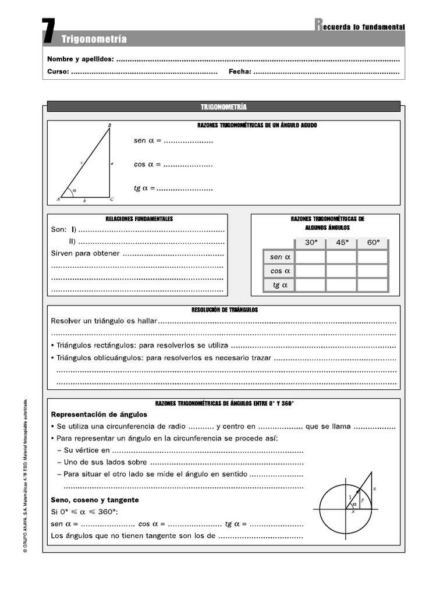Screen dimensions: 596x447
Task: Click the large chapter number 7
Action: pos(49,31)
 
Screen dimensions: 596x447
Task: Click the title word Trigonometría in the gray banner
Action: pos(94,40)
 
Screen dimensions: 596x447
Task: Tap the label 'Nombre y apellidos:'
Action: pos(80,59)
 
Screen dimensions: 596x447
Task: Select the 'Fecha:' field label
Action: pos(240,72)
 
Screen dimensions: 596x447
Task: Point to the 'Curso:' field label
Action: pos(58,72)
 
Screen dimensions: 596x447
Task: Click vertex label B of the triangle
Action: pos(110,125)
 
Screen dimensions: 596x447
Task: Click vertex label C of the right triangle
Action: pos(112,199)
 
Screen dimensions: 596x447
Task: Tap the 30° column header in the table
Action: pos(311,243)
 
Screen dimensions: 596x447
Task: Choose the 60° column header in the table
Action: pos(372,243)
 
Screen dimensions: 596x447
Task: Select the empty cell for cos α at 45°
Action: pos(341,271)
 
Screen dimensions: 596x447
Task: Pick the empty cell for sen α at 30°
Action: pos(311,257)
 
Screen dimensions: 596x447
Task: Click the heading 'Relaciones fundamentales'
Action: pos(139,219)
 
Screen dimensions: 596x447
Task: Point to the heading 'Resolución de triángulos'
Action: pos(224,310)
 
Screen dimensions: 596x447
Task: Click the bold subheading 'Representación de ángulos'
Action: pos(99,414)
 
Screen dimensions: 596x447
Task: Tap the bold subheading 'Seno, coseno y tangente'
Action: pos(95,500)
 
